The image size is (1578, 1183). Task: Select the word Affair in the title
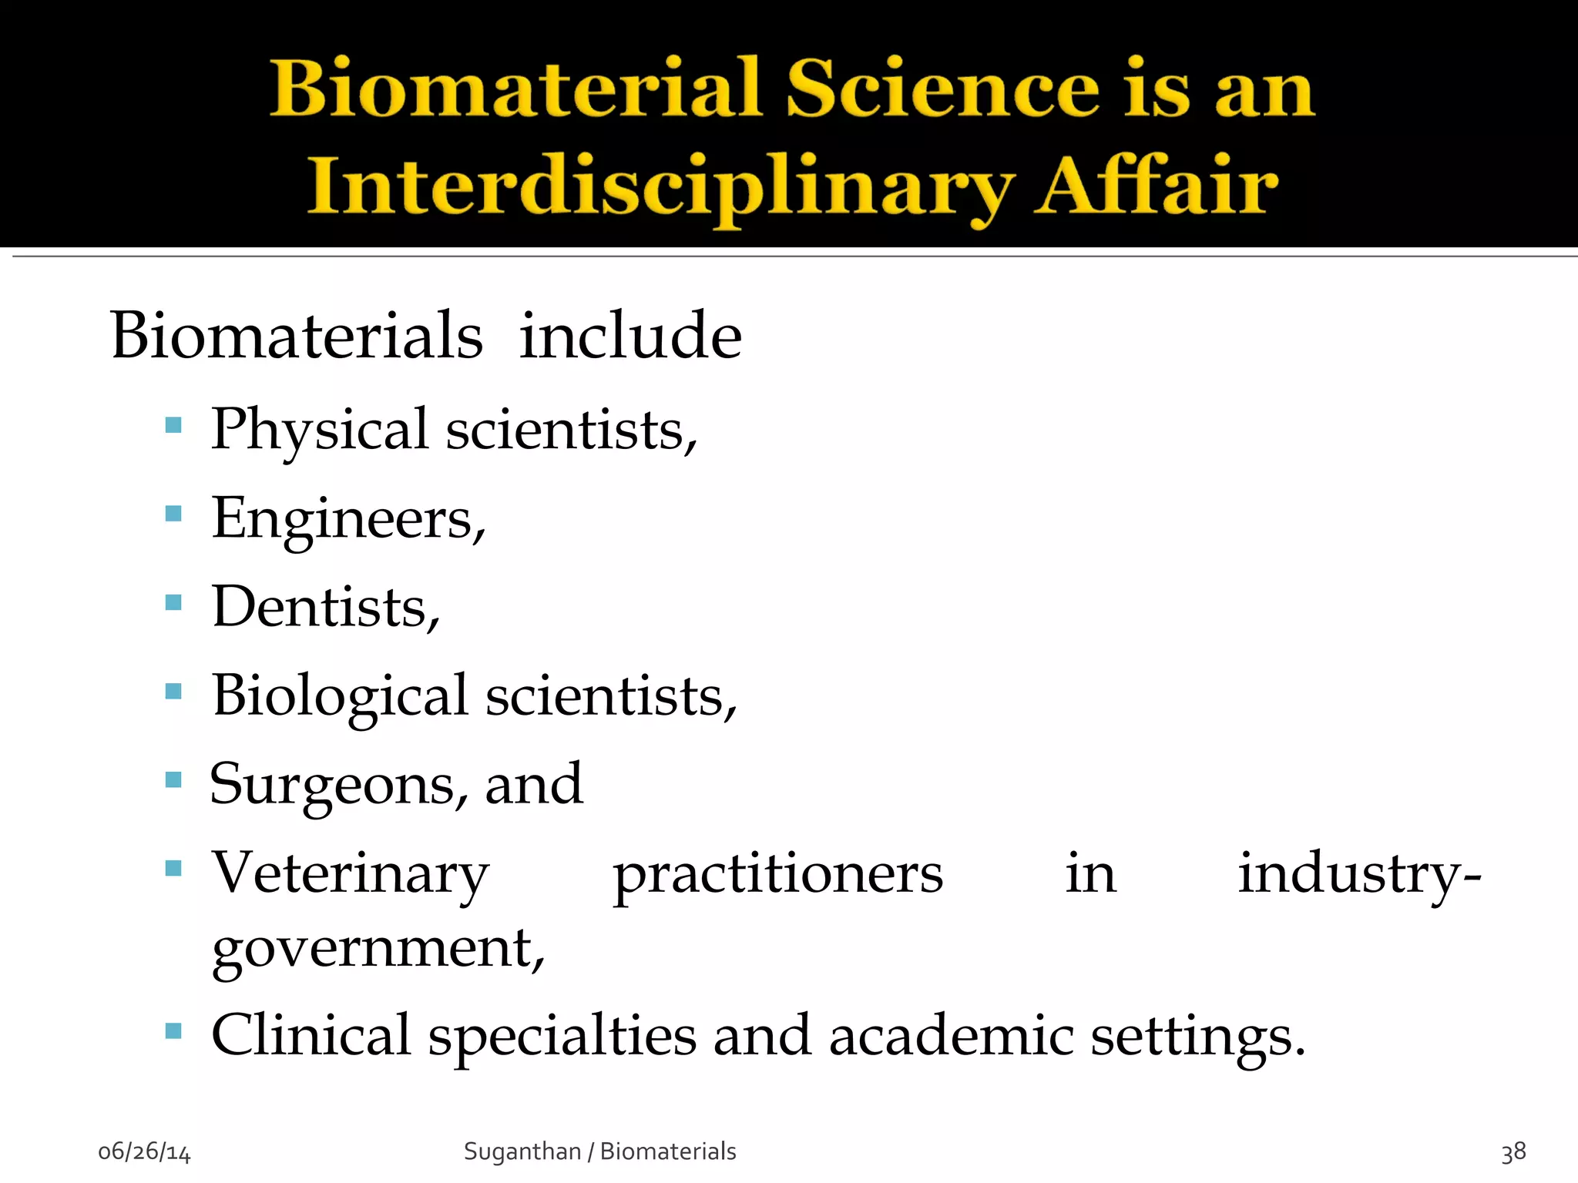coord(1156,185)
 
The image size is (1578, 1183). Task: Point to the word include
coord(630,337)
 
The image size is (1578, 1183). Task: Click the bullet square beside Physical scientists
coord(173,425)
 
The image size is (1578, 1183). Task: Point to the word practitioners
coord(777,876)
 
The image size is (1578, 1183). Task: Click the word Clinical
coord(311,1036)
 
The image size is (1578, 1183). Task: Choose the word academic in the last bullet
coord(951,1036)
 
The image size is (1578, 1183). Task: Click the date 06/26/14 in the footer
coord(144,1152)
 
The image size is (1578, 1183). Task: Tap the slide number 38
coord(1513,1152)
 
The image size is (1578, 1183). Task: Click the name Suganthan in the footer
coord(522,1151)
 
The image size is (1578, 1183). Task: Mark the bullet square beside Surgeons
coord(173,780)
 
